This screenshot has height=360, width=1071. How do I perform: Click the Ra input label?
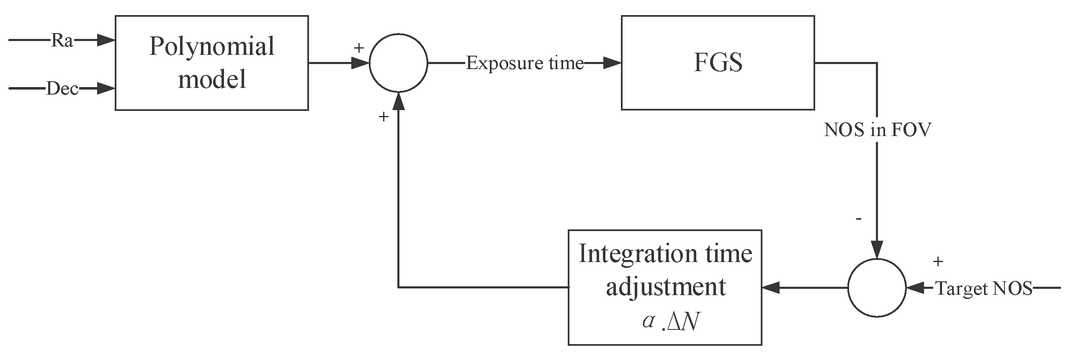[x=62, y=41]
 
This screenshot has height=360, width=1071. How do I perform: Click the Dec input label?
[x=62, y=89]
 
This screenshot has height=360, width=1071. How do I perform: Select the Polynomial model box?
[x=212, y=63]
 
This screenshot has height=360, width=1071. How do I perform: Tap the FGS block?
[x=718, y=63]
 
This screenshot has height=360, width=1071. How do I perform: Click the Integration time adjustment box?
[x=665, y=287]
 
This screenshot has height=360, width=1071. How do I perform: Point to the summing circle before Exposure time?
[x=398, y=63]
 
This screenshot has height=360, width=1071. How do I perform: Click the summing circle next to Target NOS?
[x=877, y=288]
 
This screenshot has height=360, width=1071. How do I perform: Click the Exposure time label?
[x=525, y=63]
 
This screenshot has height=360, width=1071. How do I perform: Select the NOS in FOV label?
[x=877, y=130]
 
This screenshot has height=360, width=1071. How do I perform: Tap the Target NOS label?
[x=984, y=288]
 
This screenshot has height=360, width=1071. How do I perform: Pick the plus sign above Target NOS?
[x=938, y=262]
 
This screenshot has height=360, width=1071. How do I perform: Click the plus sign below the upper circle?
[x=383, y=117]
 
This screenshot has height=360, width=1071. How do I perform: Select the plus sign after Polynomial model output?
[x=358, y=48]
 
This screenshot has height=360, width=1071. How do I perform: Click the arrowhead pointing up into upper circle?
[x=398, y=101]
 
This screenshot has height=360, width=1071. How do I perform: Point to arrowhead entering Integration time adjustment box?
[x=770, y=288]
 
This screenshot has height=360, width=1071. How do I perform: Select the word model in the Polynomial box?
[x=212, y=79]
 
